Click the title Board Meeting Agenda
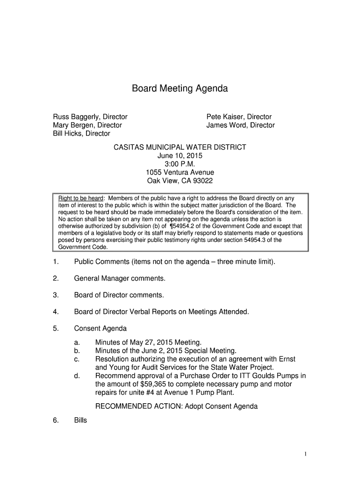point(180,88)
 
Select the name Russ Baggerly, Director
point(90,117)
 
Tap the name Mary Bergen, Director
point(87,125)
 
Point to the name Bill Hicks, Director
point(81,134)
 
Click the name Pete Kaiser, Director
point(239,117)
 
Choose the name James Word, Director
point(240,125)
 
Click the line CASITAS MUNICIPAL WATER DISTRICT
point(180,147)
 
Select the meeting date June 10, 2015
point(180,156)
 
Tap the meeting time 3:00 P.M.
point(180,164)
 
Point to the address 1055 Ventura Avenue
point(180,173)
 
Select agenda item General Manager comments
point(120,279)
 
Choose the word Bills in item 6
point(80,421)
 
